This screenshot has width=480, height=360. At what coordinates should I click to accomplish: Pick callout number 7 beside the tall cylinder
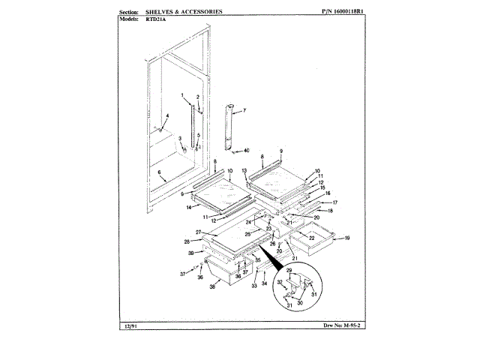tap(243, 111)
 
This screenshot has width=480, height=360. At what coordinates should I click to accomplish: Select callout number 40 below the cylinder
tap(247, 151)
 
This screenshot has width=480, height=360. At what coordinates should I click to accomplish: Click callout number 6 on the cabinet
tap(160, 172)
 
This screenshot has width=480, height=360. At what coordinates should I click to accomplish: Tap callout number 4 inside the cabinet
tap(168, 115)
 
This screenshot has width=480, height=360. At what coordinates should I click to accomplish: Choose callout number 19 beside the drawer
tap(347, 238)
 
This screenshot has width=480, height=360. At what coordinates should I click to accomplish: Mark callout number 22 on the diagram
tap(311, 238)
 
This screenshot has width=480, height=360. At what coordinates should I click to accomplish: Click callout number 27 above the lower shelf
tap(199, 232)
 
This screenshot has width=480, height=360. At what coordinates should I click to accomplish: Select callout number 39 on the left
tap(190, 253)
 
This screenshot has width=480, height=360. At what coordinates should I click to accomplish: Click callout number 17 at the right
tap(334, 202)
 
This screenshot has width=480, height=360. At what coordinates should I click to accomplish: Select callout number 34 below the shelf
tap(263, 284)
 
